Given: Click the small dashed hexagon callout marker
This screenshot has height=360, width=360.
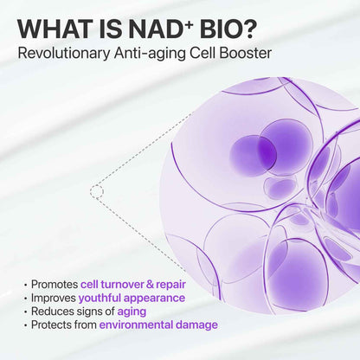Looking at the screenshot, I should point(97,190).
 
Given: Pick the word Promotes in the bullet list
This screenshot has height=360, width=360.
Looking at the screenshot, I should point(54,284).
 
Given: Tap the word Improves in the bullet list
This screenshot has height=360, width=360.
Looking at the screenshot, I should point(54,298).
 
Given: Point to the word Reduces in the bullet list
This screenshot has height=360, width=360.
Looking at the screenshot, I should point(51,312).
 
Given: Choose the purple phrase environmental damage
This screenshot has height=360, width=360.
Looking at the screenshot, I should point(158,325).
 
